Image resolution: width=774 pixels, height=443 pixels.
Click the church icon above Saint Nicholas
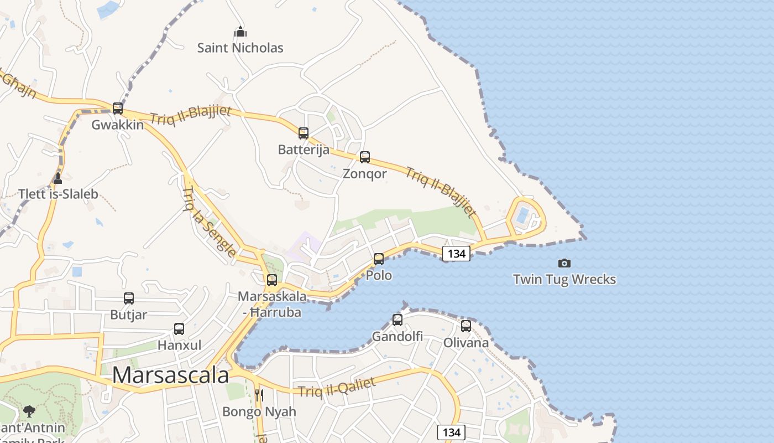tap(240, 32)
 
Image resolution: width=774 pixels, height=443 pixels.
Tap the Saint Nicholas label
tap(240, 48)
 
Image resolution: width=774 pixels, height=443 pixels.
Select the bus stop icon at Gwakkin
tap(118, 108)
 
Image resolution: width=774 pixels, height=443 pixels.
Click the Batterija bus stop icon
tap(304, 133)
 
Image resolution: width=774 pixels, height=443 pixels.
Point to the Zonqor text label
tap(365, 174)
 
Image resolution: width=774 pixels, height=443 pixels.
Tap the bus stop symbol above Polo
tap(379, 259)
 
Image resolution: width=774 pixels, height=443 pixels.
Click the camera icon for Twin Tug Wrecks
tap(564, 263)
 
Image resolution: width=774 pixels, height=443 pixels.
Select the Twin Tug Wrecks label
tap(564, 279)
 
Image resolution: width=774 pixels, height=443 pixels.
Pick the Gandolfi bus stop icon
tap(398, 320)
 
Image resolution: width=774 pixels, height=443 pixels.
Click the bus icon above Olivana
tap(466, 326)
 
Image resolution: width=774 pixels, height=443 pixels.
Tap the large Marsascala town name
tap(170, 375)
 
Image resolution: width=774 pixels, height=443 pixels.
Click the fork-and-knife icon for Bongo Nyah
tap(259, 395)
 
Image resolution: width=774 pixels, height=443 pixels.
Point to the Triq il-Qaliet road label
tap(337, 387)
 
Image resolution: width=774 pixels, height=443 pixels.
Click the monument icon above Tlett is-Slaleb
tap(58, 178)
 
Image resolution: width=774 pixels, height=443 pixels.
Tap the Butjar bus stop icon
tap(129, 298)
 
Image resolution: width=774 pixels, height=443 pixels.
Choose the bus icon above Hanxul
tap(179, 328)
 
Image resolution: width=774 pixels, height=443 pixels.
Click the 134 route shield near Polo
tap(457, 254)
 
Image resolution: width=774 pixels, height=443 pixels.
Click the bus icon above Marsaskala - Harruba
tap(272, 280)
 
